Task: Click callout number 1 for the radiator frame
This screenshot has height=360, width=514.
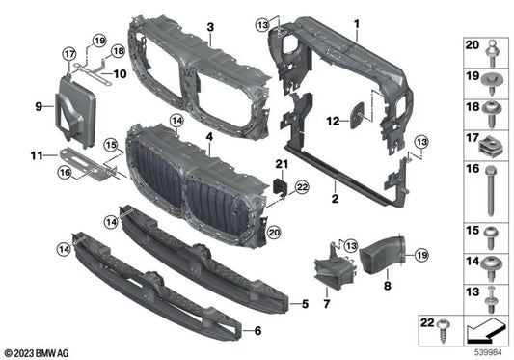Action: (355, 21)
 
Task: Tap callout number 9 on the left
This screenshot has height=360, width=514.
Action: (39, 104)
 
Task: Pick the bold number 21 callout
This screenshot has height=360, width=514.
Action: (281, 164)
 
